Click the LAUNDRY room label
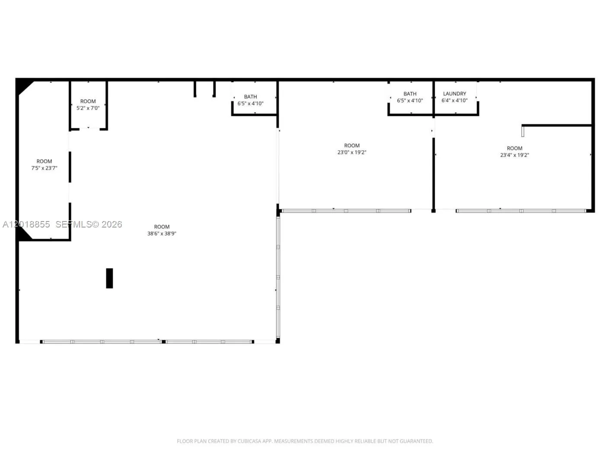pyautogui.click(x=454, y=94)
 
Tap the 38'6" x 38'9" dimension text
pyautogui.click(x=162, y=234)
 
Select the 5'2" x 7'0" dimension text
pyautogui.click(x=88, y=108)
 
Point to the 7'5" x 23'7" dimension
pyautogui.click(x=44, y=168)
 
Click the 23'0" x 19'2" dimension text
pyautogui.click(x=352, y=152)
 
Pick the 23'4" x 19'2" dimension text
pyautogui.click(x=514, y=155)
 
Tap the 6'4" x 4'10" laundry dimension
pyautogui.click(x=454, y=101)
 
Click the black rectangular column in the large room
pyautogui.click(x=109, y=278)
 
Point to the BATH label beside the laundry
pyautogui.click(x=410, y=94)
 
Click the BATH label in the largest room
pyautogui.click(x=250, y=97)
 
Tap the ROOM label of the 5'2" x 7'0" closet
pyautogui.click(x=88, y=101)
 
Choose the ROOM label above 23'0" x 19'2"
pyautogui.click(x=352, y=145)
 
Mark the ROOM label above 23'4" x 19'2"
pyautogui.click(x=514, y=148)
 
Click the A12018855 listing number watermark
pyautogui.click(x=26, y=224)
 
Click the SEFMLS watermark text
pyautogui.click(x=73, y=224)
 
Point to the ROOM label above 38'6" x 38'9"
pyautogui.click(x=162, y=227)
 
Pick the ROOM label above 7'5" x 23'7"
pyautogui.click(x=44, y=161)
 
